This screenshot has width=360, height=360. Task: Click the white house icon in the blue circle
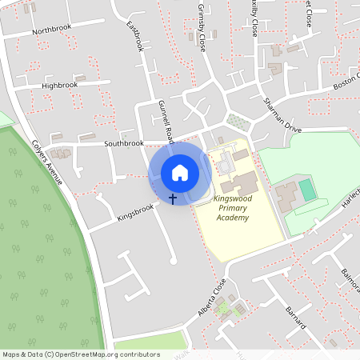(x=180, y=172)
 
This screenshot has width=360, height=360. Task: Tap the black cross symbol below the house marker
(x=173, y=197)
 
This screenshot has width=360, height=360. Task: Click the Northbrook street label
(x=51, y=31)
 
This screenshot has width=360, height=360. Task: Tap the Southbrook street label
(x=124, y=143)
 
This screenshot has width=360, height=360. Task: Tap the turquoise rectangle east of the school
(x=307, y=190)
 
